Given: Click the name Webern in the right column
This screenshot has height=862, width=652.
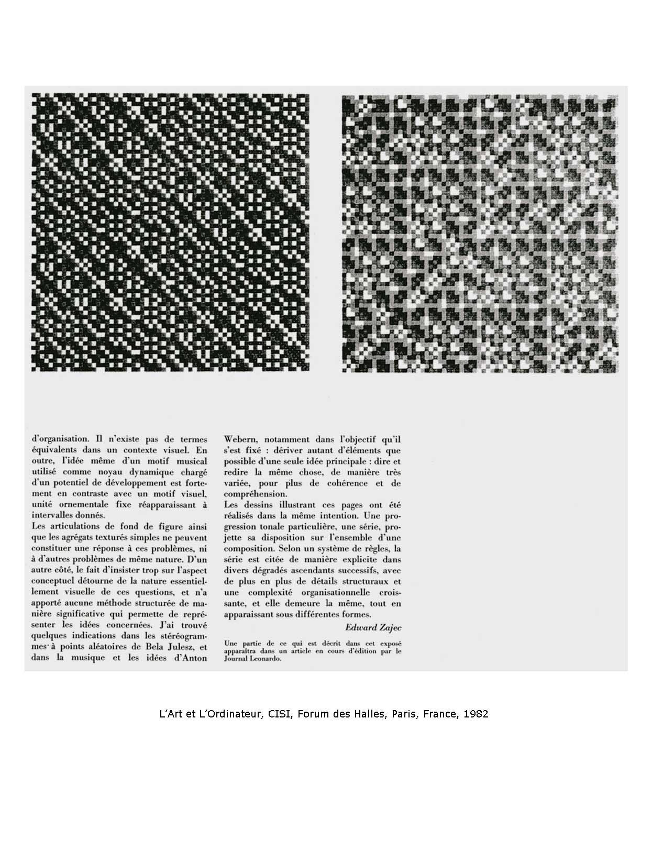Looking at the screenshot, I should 239,439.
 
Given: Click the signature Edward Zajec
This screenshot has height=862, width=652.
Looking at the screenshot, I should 373,627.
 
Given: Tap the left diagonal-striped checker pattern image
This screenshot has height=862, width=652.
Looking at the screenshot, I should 170,233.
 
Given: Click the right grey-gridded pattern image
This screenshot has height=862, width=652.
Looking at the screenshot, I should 480,234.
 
